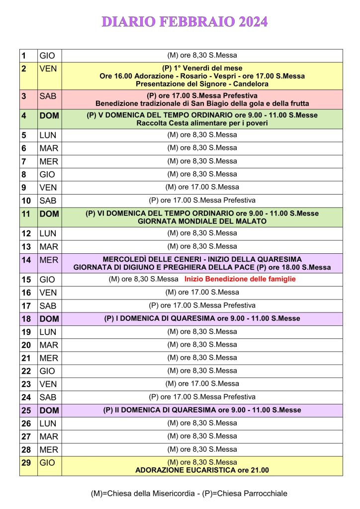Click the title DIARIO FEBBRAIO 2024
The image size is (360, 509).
tap(184, 21)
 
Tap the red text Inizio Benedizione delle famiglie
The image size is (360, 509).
tap(240, 279)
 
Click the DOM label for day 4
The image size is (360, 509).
tap(49, 115)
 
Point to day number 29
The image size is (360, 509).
tap(26, 462)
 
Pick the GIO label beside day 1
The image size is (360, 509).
tap(47, 56)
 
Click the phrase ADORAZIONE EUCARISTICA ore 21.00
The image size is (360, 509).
tap(202, 470)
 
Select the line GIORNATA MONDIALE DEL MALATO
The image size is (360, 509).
tap(202, 221)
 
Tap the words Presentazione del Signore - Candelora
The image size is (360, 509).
tap(202, 84)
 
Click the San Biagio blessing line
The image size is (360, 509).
tap(202, 103)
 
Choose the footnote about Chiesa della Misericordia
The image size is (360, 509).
tap(189, 494)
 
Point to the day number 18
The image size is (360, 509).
tap(26, 318)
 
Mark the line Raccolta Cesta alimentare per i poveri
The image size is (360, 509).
tap(202, 123)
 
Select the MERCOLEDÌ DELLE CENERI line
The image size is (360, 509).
tap(202, 259)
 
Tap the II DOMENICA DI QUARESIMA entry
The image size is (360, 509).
tap(202, 410)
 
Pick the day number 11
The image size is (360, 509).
tap(26, 213)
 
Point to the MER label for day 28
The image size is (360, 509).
tap(48, 449)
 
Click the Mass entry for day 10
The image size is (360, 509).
tap(202, 201)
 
